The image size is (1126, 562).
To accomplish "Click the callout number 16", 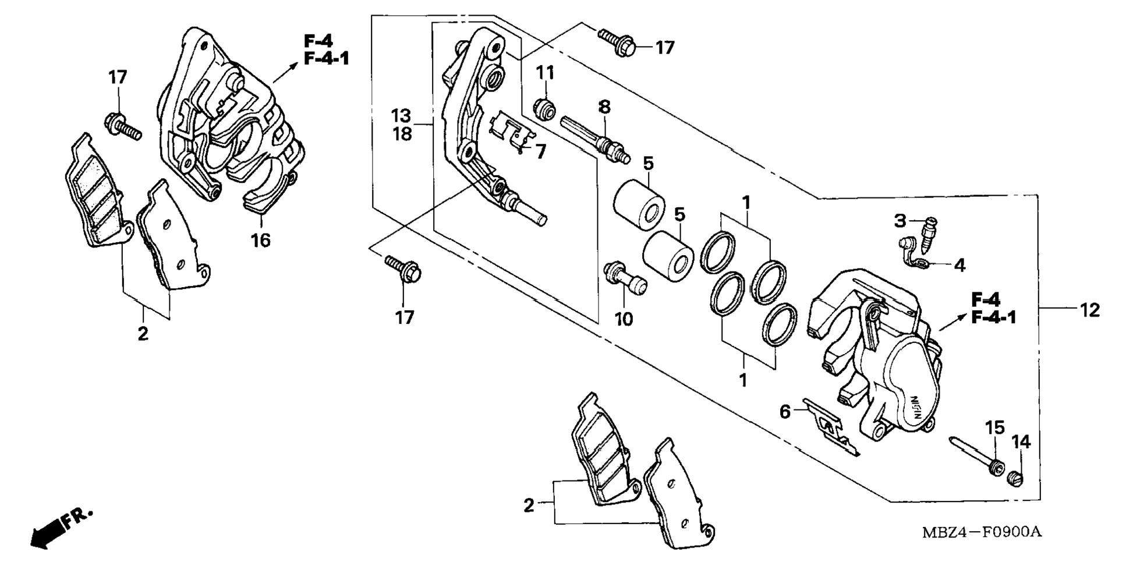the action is click(261, 240).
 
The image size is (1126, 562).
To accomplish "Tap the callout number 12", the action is click(1090, 310).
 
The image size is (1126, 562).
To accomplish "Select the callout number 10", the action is click(624, 319).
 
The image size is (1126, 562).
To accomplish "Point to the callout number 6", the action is click(785, 412).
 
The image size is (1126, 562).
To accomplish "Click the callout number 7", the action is click(541, 152).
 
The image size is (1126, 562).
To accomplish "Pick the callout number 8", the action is click(605, 107).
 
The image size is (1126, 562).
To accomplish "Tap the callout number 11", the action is click(545, 73).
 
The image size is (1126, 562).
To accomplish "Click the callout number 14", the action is click(1021, 442).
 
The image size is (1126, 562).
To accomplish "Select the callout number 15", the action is click(995, 428).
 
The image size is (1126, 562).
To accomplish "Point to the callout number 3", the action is click(900, 221).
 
